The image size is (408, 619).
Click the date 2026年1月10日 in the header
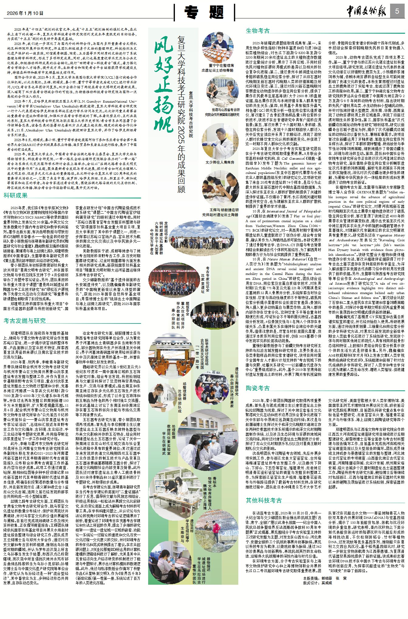click(25, 13)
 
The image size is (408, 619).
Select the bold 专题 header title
click(204, 13)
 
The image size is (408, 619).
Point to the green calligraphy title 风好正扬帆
click(163, 85)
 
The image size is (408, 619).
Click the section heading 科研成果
click(15, 195)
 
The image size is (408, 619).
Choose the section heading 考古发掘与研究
click(25, 321)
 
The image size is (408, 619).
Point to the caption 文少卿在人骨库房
click(220, 162)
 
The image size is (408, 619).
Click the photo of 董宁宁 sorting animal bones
click(218, 48)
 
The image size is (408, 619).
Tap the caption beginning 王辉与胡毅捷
click(220, 212)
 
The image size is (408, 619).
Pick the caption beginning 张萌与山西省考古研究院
click(222, 112)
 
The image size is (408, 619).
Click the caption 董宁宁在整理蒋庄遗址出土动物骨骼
click(218, 68)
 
